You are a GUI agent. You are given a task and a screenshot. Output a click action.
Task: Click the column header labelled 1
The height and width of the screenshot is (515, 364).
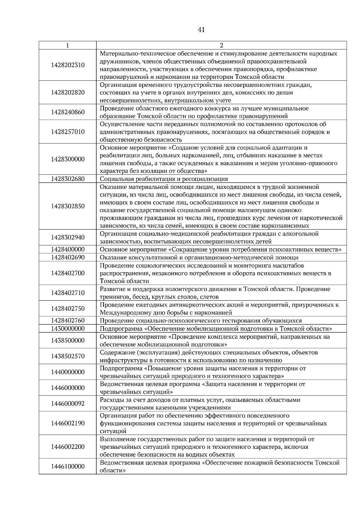(67, 45)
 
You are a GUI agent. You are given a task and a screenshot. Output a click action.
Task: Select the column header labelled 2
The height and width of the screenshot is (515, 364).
(221, 45)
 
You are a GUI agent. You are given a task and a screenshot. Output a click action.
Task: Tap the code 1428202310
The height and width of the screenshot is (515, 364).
(68, 65)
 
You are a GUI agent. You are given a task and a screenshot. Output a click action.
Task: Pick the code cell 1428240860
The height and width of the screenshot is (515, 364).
(68, 112)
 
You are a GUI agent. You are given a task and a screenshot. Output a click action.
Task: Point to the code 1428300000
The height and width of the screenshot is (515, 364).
(68, 159)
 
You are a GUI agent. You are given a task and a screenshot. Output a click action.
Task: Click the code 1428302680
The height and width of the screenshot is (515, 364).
(68, 179)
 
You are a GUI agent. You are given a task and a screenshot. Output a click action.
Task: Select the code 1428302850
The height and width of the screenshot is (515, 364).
(68, 206)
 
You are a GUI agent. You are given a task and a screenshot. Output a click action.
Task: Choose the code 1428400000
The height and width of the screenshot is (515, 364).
(68, 249)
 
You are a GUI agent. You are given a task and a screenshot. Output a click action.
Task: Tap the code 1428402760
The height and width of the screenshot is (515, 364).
(68, 321)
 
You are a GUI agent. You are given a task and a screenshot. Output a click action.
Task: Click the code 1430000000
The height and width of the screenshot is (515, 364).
(68, 328)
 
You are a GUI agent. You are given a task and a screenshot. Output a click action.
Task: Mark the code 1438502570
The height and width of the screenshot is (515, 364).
(68, 356)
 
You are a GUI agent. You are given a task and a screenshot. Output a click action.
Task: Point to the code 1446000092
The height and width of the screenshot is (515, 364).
(68, 404)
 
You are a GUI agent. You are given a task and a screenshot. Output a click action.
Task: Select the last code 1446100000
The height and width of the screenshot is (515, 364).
(68, 466)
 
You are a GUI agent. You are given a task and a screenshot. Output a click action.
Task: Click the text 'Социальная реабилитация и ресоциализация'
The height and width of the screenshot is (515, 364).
(164, 179)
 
